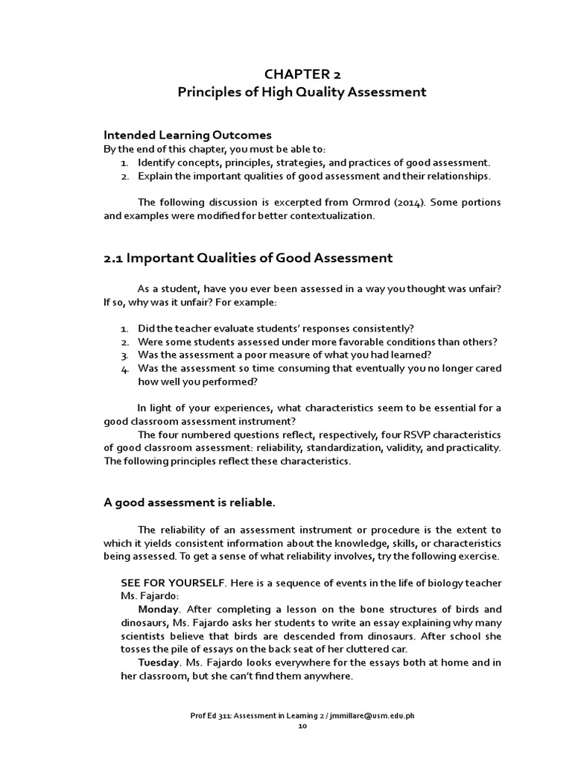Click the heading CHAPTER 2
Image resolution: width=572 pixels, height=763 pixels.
302,73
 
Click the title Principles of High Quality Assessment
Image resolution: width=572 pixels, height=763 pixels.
302,92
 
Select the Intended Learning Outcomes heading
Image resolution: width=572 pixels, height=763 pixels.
187,135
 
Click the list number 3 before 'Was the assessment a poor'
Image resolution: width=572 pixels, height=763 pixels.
124,355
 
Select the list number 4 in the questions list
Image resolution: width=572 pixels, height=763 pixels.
124,368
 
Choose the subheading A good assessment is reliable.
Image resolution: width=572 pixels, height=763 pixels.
189,502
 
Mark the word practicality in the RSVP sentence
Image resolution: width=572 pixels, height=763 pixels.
472,448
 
